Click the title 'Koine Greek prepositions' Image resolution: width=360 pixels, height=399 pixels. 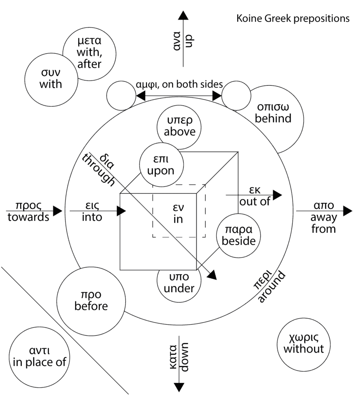293,18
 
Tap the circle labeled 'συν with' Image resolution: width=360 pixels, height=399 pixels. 51,78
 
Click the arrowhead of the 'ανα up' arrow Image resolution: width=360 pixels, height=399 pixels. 183,15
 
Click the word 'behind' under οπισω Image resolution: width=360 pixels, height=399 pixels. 273,118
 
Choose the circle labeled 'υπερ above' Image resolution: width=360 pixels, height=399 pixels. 179,126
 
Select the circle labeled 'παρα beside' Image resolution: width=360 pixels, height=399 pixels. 238,235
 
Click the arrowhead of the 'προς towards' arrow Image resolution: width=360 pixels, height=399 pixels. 57,211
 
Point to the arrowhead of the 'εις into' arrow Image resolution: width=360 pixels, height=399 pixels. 121,211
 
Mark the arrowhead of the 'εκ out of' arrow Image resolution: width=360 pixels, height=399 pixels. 277,194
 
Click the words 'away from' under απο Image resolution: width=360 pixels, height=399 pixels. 323,223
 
